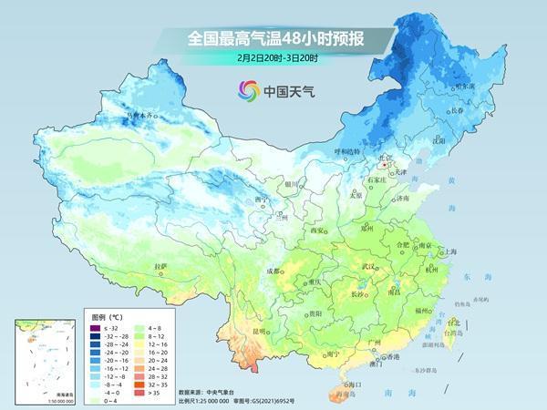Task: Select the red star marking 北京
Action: [x=386, y=165]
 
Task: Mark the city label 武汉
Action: [x=368, y=265]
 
